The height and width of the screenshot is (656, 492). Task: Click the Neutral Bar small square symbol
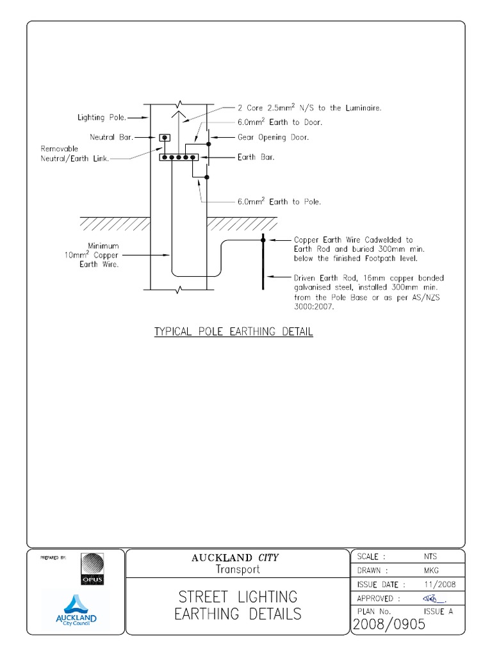[165, 138]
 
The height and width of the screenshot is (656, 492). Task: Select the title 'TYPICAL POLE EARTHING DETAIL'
[234, 332]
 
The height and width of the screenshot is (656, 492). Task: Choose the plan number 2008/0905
[389, 625]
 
